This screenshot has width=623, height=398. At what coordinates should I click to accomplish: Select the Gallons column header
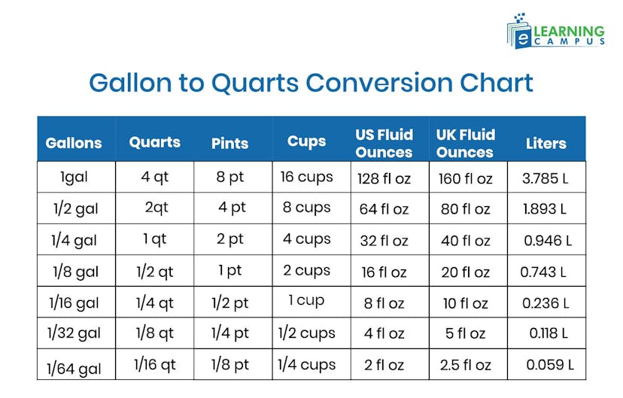click(x=74, y=143)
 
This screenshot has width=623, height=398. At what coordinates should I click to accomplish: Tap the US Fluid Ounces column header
click(x=384, y=143)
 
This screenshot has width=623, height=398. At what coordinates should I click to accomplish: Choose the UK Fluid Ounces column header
click(x=465, y=143)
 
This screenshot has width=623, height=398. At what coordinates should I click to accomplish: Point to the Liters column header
click(x=546, y=143)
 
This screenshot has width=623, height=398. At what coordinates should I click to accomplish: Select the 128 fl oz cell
click(x=384, y=178)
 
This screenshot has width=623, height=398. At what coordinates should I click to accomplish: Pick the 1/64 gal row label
click(x=74, y=368)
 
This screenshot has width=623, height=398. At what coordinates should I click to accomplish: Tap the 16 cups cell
click(x=306, y=177)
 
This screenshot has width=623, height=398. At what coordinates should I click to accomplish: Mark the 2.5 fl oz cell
click(x=465, y=365)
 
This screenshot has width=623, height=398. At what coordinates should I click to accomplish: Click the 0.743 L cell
click(x=543, y=272)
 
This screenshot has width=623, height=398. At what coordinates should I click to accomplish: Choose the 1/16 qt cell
click(x=154, y=364)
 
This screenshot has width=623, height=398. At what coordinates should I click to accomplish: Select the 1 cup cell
click(x=306, y=300)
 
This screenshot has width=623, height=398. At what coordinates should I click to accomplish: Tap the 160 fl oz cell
click(x=465, y=178)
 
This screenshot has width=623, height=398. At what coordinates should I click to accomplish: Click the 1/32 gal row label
click(x=74, y=333)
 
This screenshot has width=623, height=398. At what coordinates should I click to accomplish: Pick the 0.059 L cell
click(x=550, y=365)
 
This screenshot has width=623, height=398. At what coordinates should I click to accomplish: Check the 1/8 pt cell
click(x=230, y=364)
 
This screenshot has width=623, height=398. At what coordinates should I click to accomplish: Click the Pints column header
click(x=230, y=143)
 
